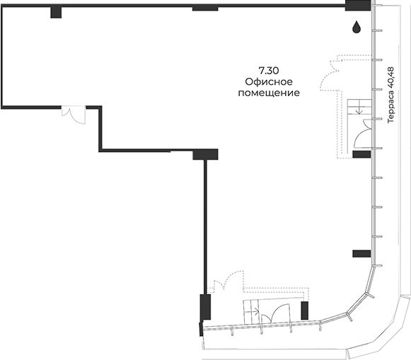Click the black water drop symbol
pos(356,28)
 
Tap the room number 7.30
pos(269,71)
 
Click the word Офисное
pos(269,82)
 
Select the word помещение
pos(269,93)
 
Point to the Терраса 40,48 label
pos(390,95)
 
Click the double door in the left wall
pos(74,115)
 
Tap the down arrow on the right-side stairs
pos(359,111)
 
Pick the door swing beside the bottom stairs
pos(272,312)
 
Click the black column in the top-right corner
pos(357,6)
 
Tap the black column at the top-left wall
pos(56,12)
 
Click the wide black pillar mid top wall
pos(205,8)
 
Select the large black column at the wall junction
pos(205,155)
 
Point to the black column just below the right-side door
pos(361,154)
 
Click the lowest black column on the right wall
pos(361,254)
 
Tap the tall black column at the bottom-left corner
pos(205,307)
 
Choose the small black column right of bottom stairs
pos(305,310)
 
